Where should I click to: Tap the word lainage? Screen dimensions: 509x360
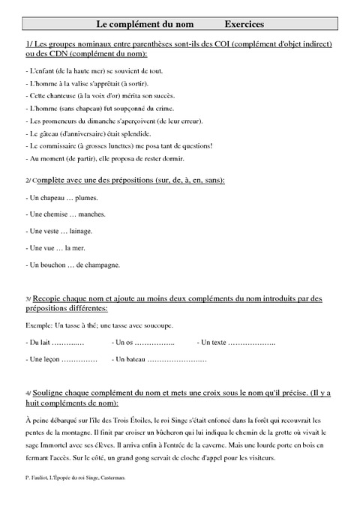[x=85, y=232]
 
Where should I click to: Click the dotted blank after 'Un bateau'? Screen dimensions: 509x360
[x=177, y=360]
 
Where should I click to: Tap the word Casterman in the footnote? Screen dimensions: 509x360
[x=110, y=478]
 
